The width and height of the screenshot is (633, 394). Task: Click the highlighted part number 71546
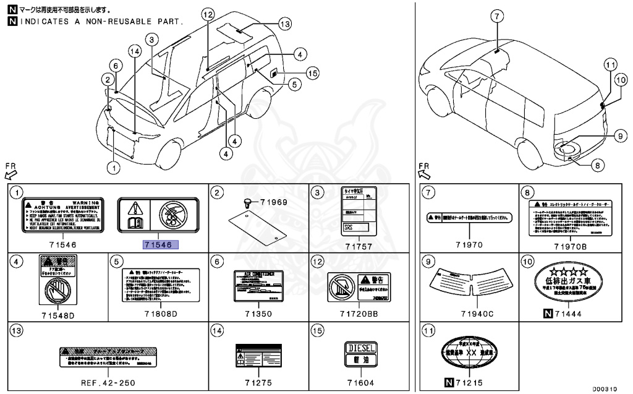(160, 244)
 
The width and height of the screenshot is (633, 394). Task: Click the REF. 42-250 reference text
(108, 383)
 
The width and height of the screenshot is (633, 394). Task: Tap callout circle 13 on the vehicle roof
(284, 24)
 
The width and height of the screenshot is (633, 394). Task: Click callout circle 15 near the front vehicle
(312, 73)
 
